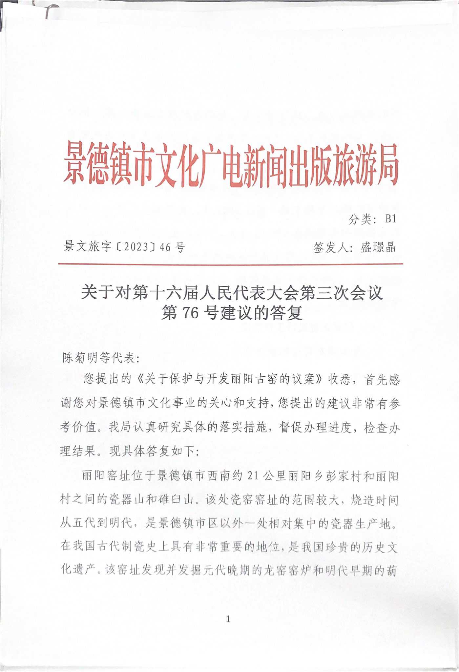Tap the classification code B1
point(390,219)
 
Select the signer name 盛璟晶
point(378,247)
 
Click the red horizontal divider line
point(231,264)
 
